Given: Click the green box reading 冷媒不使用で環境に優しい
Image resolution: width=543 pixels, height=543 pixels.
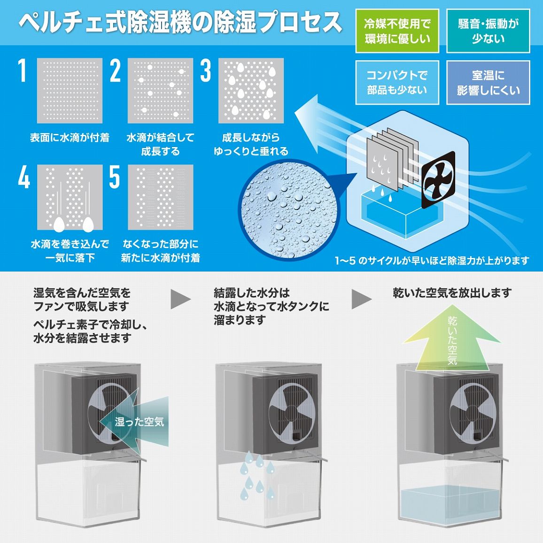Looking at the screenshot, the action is click(397, 31).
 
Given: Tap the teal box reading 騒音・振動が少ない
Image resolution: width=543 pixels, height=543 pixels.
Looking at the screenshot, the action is click(488, 31).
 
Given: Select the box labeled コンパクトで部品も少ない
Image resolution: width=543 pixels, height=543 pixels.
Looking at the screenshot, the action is click(397, 82).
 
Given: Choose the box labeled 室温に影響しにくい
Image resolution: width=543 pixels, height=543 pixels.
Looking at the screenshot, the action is click(488, 82).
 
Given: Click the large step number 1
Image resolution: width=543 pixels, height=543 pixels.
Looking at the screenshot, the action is click(23, 70).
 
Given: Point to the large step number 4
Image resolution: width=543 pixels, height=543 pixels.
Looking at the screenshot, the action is click(23, 177).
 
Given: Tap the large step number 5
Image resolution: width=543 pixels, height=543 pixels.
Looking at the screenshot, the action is click(115, 177).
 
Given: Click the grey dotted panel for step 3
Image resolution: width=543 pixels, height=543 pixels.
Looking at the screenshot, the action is click(251, 90).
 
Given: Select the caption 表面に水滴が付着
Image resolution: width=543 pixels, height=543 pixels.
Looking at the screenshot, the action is click(70, 138).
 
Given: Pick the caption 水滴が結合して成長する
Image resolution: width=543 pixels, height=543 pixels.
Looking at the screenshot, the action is click(160, 144).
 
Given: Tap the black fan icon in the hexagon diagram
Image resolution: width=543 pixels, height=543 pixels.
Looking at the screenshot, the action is click(438, 180).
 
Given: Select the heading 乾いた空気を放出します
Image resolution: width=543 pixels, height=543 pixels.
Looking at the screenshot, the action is click(452, 293).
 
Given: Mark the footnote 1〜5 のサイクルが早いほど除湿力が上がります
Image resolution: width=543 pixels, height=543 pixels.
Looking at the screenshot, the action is click(432, 260).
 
